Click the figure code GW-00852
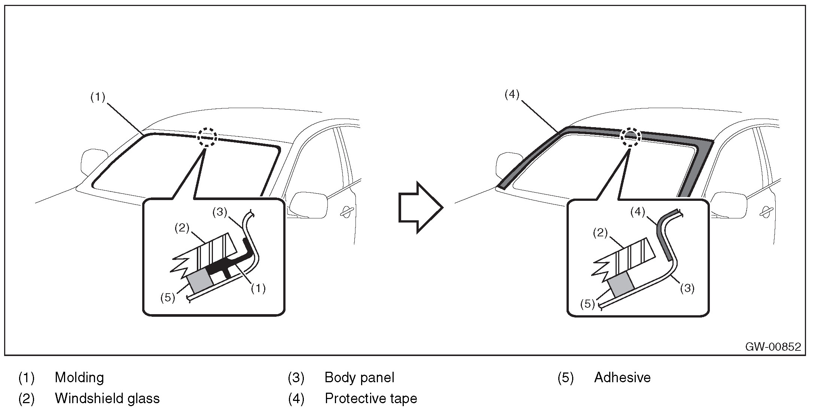point(773,347)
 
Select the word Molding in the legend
point(79,377)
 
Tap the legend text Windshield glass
point(107,398)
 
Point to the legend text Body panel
point(359,377)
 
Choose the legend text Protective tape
point(371,398)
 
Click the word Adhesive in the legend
point(622,377)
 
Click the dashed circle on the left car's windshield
point(207,137)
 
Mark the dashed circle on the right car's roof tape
point(631,137)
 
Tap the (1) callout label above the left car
point(98,97)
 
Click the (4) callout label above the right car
point(512,95)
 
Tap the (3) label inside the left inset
point(220,212)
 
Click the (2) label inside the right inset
point(600,233)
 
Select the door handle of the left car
point(348,211)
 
